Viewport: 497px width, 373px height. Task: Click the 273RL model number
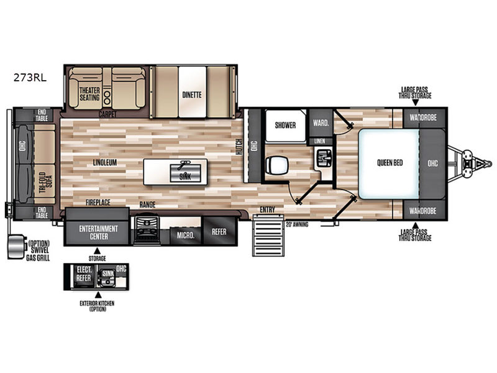pos(30,77)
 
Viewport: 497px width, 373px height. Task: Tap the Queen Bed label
pos(390,163)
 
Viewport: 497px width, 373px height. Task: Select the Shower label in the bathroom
pos(285,126)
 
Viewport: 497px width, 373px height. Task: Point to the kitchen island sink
pos(185,173)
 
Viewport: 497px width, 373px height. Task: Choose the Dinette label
pos(192,95)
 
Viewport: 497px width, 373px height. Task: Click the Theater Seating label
pos(89,94)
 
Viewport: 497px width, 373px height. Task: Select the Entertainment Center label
pos(98,233)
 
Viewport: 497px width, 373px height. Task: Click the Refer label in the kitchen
pos(219,232)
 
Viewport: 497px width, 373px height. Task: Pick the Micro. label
pos(185,236)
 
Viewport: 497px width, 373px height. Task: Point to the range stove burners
pos(147,229)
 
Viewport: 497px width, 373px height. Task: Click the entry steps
pos(268,235)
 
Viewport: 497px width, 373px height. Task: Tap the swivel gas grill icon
pos(17,247)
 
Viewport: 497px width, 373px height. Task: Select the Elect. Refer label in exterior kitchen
pos(84,274)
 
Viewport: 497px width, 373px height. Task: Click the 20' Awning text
pos(297,224)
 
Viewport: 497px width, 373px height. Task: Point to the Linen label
pos(319,141)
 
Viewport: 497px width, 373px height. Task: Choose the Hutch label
pos(239,147)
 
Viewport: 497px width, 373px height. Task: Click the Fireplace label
pos(98,202)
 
